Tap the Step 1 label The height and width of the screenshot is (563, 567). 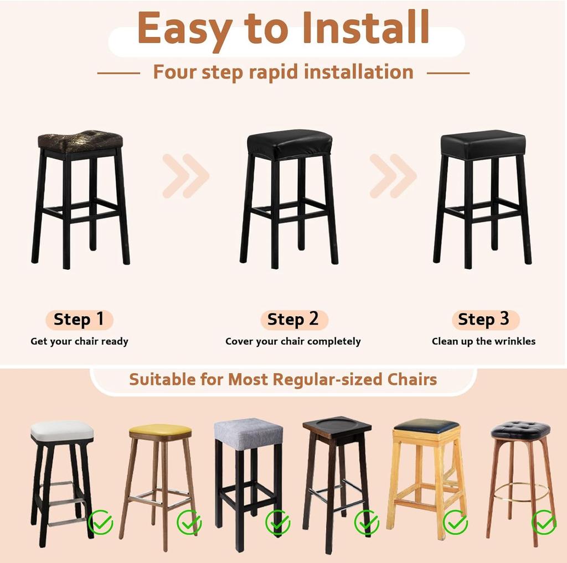click(79, 320)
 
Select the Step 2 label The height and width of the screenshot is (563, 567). click(293, 320)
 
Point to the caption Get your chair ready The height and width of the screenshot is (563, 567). click(79, 341)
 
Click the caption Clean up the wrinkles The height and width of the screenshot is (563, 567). click(483, 341)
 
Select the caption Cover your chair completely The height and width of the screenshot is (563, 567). click(293, 341)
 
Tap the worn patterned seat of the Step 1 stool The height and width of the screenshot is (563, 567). click(80, 141)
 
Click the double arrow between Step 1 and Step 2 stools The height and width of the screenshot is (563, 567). click(185, 176)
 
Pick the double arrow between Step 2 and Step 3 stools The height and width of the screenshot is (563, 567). click(393, 176)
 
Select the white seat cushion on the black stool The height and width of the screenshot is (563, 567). click(62, 430)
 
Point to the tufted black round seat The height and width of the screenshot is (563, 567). click(520, 430)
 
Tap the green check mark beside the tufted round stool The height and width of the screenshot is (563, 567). click(544, 521)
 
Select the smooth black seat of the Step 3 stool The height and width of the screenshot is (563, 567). click(483, 144)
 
